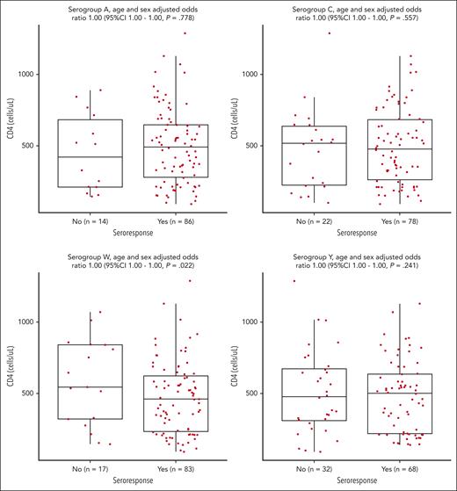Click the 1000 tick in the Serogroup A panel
(x=23, y=74)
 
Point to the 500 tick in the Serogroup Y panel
(x=253, y=394)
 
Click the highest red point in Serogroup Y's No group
(x=269, y=281)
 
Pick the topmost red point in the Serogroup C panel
(x=329, y=33)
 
